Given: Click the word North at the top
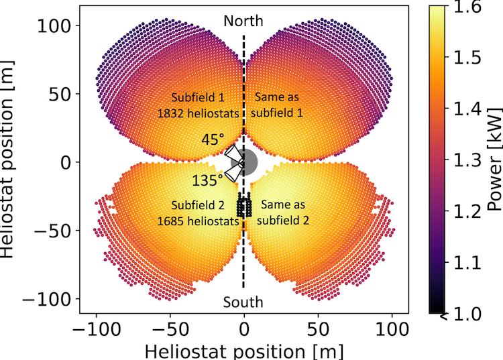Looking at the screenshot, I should click(244, 21).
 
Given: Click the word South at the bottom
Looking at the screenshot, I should click(244, 303).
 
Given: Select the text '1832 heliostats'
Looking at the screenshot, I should click(199, 113).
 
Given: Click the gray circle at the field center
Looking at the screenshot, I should click(246, 162).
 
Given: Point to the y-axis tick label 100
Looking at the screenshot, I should click(59, 25).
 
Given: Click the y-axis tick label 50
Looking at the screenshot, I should click(64, 94).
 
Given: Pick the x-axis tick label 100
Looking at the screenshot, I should click(392, 329).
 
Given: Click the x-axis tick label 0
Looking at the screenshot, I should click(244, 329).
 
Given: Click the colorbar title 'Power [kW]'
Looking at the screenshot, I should click(494, 161).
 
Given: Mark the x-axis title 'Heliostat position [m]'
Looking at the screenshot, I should click(244, 349).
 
